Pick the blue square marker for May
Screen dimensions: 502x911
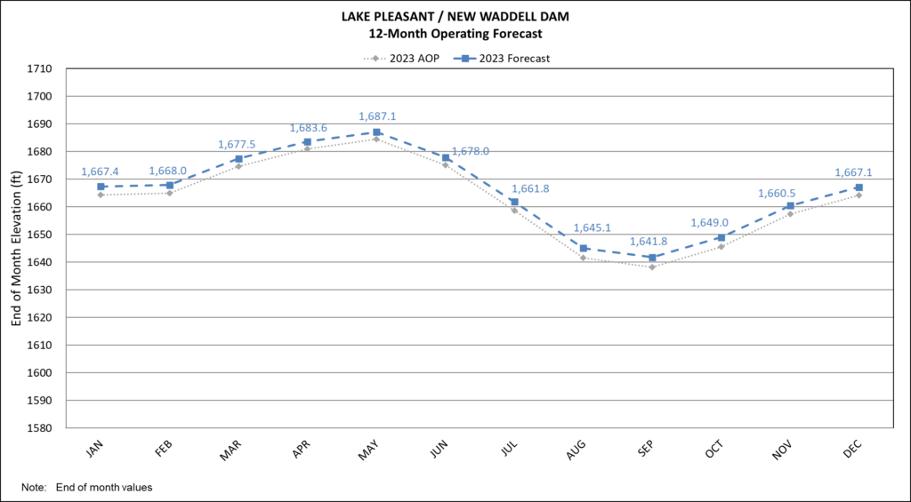[x=376, y=132]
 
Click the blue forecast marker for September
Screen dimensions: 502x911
[x=652, y=258]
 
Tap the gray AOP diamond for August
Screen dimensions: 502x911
[x=583, y=258]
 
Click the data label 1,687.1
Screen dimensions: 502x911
[x=376, y=116]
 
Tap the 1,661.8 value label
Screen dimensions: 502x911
[x=528, y=188]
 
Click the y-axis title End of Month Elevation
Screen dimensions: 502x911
[x=16, y=248]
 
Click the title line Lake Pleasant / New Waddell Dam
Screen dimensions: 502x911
[x=455, y=17]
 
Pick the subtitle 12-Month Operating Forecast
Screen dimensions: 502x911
[x=455, y=34]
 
